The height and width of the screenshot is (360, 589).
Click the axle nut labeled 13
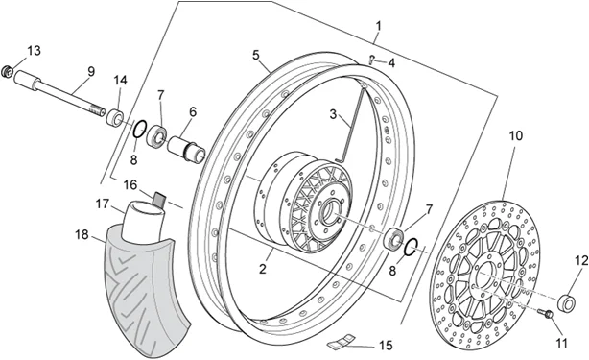[x=7, y=71]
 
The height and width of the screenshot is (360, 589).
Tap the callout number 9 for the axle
[x=91, y=71]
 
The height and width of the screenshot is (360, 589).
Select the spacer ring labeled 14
[x=115, y=117]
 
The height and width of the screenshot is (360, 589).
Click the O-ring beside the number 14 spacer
[x=139, y=129]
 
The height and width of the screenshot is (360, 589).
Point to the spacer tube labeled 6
[x=186, y=150]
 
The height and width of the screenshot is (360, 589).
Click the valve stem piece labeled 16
[x=160, y=199]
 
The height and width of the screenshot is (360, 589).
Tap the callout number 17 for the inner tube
[x=102, y=204]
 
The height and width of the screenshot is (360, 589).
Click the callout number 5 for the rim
[x=256, y=56]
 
